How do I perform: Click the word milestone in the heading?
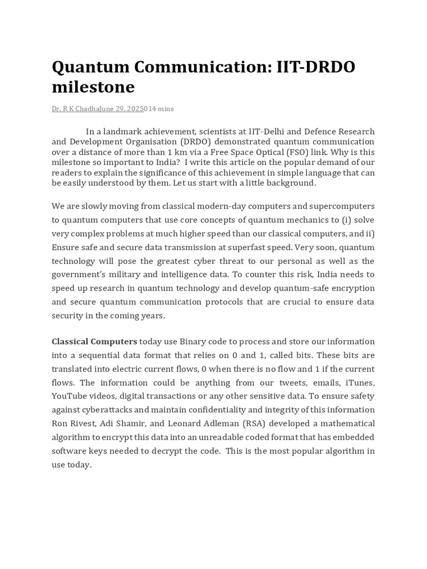93,87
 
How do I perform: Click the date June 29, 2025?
122,109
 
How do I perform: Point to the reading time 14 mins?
161,109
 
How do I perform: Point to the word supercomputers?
341,206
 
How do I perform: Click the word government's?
80,274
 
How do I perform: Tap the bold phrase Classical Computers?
95,341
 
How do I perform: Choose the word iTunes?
360,382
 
